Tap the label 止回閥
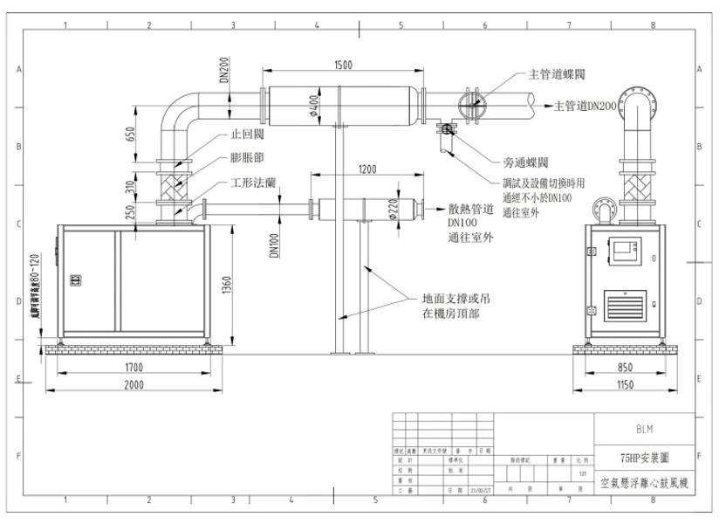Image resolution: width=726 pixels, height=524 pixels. (x=247, y=136)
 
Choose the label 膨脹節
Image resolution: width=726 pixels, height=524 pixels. (x=247, y=160)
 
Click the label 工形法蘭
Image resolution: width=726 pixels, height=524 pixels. (x=254, y=185)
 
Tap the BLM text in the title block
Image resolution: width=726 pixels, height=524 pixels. (x=644, y=429)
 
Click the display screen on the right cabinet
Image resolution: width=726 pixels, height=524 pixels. (x=627, y=250)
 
